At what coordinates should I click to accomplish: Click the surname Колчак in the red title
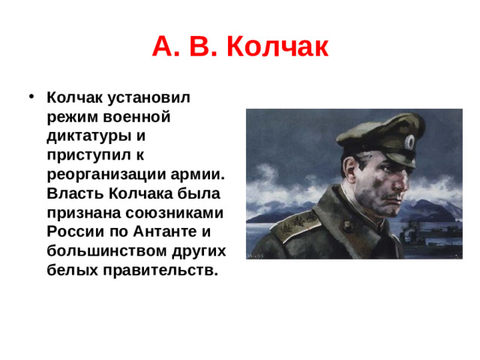point(277,47)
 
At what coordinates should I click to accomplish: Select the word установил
point(150,97)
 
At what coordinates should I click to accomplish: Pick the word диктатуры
point(88,136)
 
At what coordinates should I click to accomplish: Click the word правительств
point(157,271)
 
